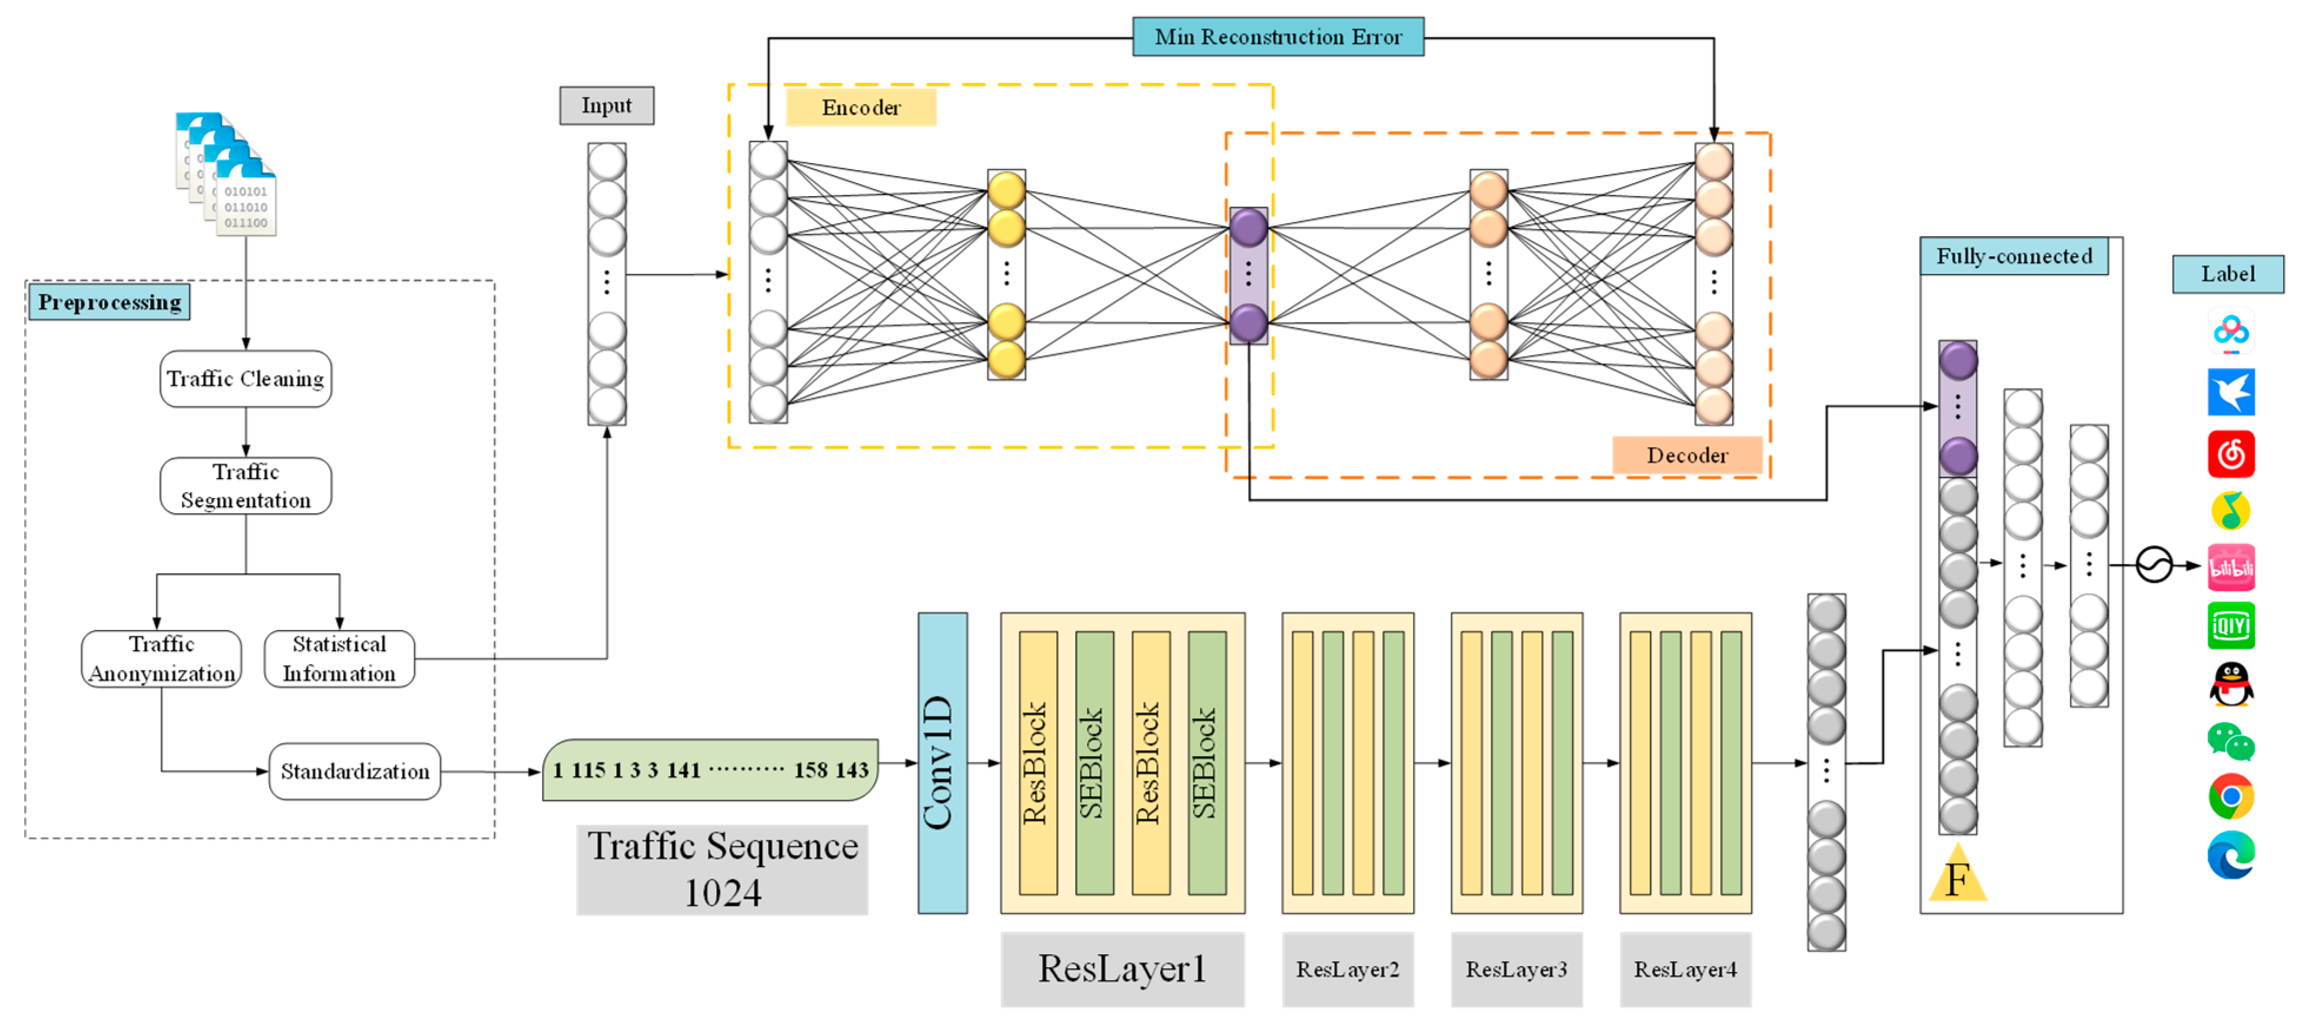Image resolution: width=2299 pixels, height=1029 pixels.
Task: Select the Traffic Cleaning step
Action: click(x=245, y=379)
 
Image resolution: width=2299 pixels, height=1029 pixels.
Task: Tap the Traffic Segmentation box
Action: click(x=245, y=486)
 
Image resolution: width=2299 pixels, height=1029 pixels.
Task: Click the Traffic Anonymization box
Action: click(x=162, y=659)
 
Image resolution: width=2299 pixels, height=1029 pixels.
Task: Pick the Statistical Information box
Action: click(x=339, y=659)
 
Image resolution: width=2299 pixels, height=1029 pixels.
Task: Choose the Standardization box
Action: click(x=354, y=771)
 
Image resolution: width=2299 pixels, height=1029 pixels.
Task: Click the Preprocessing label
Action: click(x=109, y=303)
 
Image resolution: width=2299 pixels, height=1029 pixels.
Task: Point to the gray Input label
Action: click(x=606, y=105)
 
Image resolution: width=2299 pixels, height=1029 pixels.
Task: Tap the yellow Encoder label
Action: click(x=860, y=107)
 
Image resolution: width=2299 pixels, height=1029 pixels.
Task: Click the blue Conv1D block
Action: click(x=941, y=762)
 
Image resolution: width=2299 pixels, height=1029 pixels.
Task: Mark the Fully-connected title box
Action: click(x=2014, y=256)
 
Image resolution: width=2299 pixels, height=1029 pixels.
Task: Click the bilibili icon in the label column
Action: click(x=2230, y=567)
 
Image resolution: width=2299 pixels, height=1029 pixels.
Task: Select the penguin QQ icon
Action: click(x=2230, y=685)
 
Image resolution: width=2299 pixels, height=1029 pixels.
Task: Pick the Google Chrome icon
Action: click(x=2230, y=796)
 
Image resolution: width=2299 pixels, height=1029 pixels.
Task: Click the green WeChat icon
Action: click(x=2230, y=741)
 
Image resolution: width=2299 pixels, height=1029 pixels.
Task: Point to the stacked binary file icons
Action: click(x=227, y=174)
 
